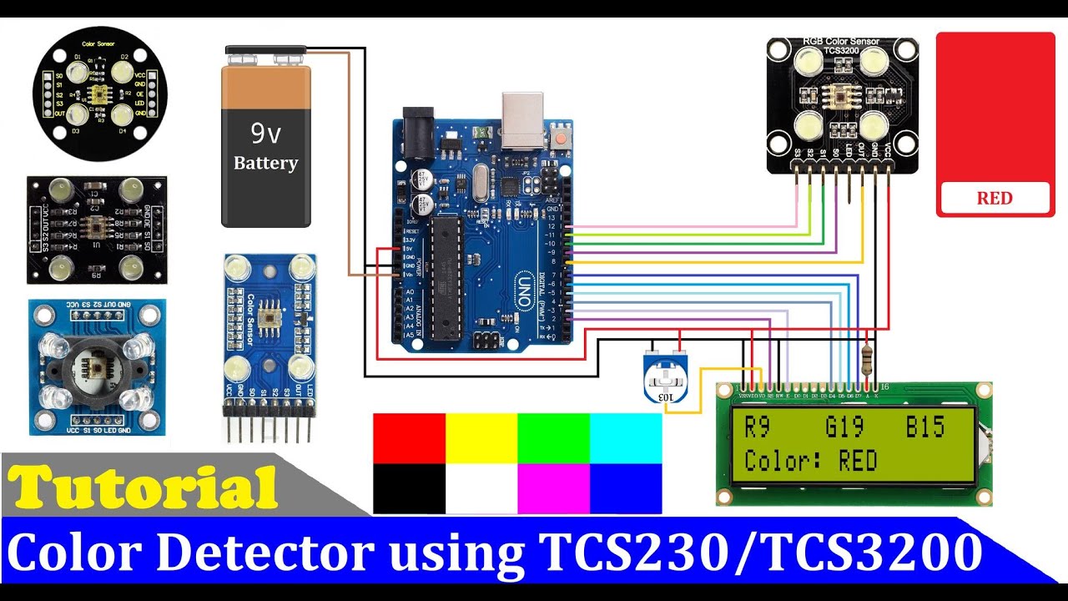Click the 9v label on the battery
[265, 132]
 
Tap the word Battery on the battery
[265, 163]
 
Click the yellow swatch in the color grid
[481, 438]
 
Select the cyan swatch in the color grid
[626, 438]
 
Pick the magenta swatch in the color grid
[553, 488]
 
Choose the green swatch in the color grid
[553, 438]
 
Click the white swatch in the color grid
[481, 488]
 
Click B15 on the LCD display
[925, 427]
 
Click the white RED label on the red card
[995, 199]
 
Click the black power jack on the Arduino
[419, 129]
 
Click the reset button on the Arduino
[564, 136]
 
